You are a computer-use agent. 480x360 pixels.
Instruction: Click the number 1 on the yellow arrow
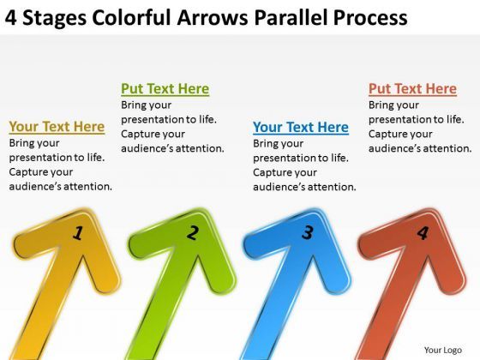[x=77, y=231]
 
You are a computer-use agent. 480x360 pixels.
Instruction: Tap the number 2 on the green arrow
[x=193, y=231]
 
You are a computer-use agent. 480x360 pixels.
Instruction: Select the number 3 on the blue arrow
[x=307, y=231]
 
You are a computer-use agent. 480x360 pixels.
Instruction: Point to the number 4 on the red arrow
[x=421, y=231]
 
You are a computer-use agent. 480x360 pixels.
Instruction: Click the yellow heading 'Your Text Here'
[x=57, y=127]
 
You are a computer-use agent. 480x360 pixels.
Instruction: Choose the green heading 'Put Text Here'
[x=165, y=89]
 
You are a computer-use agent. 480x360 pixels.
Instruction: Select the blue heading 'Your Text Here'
[x=300, y=127]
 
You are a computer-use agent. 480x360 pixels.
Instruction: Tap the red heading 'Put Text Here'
[x=412, y=89]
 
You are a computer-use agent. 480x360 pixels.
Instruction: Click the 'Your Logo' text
[x=443, y=350]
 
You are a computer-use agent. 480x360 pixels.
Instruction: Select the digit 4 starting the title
[x=10, y=17]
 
